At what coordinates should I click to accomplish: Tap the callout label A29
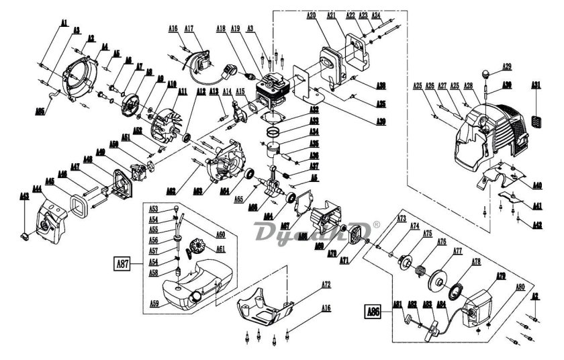coord(508,66)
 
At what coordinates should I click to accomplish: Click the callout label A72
coord(326,285)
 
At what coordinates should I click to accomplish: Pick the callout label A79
coord(500,275)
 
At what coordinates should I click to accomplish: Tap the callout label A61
coord(220,249)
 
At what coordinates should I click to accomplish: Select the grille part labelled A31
coord(536,120)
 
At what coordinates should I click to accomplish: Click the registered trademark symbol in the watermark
coord(376,226)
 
